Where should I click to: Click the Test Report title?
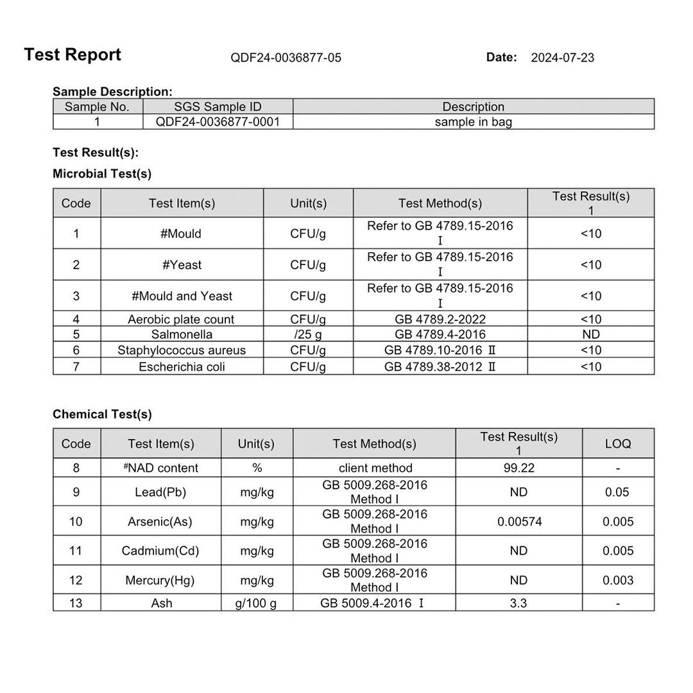(73, 55)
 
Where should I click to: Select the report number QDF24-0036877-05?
(286, 58)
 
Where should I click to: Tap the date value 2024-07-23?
(563, 58)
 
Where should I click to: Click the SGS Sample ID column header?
(218, 107)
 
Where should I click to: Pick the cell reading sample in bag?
(474, 122)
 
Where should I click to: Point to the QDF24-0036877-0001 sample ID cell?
(218, 122)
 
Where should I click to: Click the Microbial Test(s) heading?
(102, 174)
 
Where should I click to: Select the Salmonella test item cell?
(182, 334)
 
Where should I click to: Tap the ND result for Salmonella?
(590, 334)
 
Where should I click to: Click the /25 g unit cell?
(308, 334)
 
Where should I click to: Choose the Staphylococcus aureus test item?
(182, 350)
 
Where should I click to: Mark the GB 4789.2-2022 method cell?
(440, 319)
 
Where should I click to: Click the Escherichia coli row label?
(182, 367)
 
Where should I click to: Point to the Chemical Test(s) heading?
(102, 415)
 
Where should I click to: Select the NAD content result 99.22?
(518, 468)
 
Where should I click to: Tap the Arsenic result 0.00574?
(519, 522)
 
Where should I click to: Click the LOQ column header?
(618, 443)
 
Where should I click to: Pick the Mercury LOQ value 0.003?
(618, 580)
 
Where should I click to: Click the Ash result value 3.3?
(518, 603)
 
